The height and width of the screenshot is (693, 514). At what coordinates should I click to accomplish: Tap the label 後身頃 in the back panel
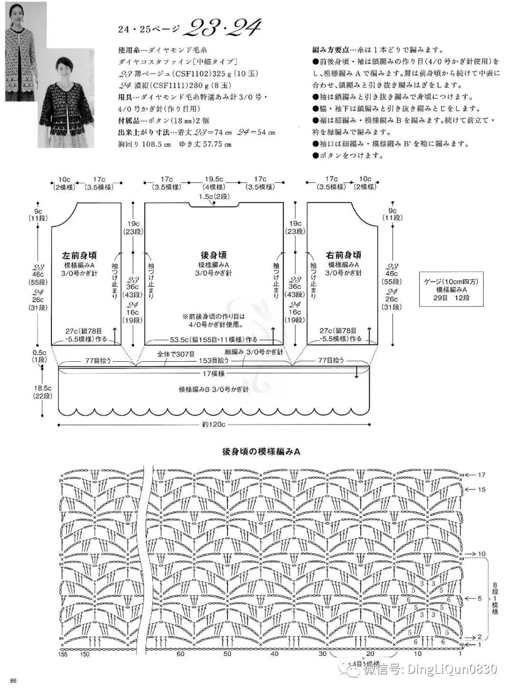[214, 255]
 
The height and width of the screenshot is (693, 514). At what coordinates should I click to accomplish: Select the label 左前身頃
[80, 255]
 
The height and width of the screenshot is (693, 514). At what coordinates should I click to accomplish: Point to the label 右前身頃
[344, 255]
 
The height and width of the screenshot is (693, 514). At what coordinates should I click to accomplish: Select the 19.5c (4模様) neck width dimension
[214, 183]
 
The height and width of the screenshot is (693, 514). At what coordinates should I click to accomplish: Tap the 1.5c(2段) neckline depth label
[214, 196]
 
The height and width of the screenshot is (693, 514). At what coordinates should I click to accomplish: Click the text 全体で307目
[176, 354]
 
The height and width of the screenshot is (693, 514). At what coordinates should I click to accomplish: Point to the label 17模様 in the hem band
[214, 374]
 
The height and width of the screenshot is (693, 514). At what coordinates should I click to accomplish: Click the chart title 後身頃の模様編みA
[261, 451]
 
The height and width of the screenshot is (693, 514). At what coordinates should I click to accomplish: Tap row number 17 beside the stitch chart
[482, 475]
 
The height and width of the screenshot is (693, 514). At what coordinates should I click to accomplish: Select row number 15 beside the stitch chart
[482, 489]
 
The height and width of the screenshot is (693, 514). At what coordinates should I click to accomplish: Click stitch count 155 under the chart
[63, 654]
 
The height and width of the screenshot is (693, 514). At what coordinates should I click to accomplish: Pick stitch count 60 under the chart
[181, 654]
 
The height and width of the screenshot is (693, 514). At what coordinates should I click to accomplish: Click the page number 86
[13, 681]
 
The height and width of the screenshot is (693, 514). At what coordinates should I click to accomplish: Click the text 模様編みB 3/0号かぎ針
[214, 389]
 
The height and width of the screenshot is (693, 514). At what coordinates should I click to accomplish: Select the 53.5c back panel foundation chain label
[214, 339]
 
